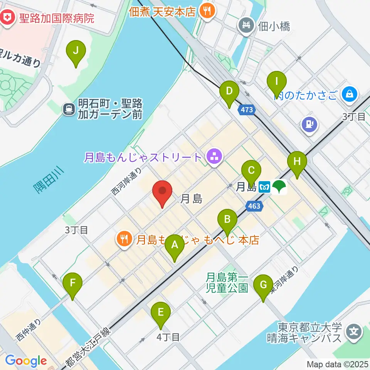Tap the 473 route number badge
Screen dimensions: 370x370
[247, 110]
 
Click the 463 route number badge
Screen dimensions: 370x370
[254, 206]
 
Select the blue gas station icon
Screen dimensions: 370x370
[310, 124]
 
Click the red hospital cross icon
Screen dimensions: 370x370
[7, 17]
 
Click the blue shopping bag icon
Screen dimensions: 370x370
[350, 94]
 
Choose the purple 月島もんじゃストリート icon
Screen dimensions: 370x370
[213, 156]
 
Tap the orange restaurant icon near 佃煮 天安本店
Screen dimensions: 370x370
[207, 10]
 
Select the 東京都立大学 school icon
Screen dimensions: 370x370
[353, 331]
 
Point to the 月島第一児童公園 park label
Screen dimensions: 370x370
[227, 282]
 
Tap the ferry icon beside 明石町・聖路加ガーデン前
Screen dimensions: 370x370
[69, 109]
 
